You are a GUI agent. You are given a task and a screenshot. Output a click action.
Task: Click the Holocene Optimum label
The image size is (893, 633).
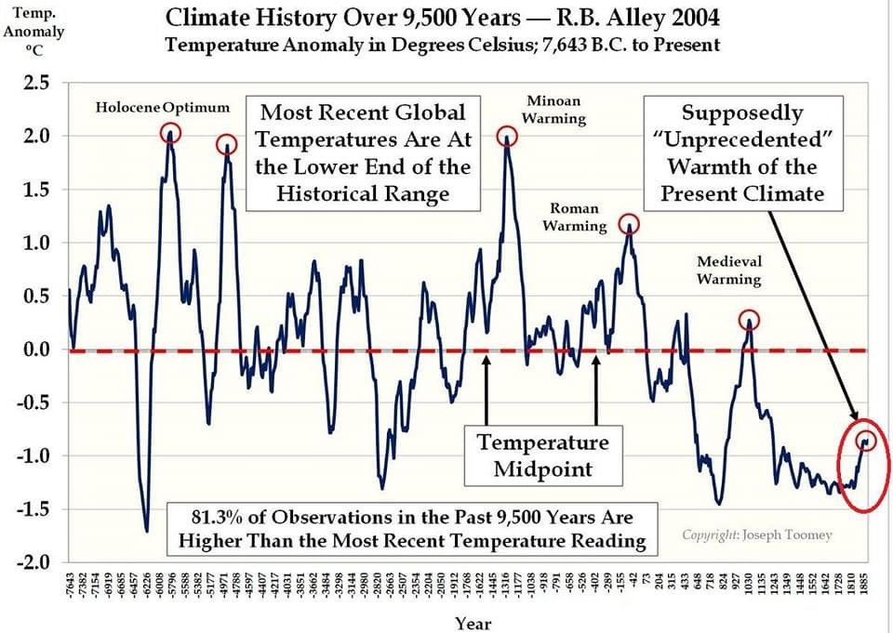tap(163, 107)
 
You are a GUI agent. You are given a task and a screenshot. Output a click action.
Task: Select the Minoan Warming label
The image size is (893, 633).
tap(555, 109)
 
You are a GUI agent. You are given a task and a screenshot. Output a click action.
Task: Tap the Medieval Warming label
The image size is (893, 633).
tap(729, 270)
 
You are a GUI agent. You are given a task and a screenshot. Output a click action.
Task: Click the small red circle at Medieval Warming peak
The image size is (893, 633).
tap(750, 321)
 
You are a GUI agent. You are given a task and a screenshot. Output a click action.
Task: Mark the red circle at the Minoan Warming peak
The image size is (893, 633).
tap(508, 136)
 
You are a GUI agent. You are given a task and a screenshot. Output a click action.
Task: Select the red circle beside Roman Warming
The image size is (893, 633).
tap(629, 224)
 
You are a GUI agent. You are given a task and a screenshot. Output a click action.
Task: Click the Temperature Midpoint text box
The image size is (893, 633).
tap(544, 455)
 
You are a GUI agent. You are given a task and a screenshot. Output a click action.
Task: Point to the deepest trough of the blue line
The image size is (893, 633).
tap(147, 531)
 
